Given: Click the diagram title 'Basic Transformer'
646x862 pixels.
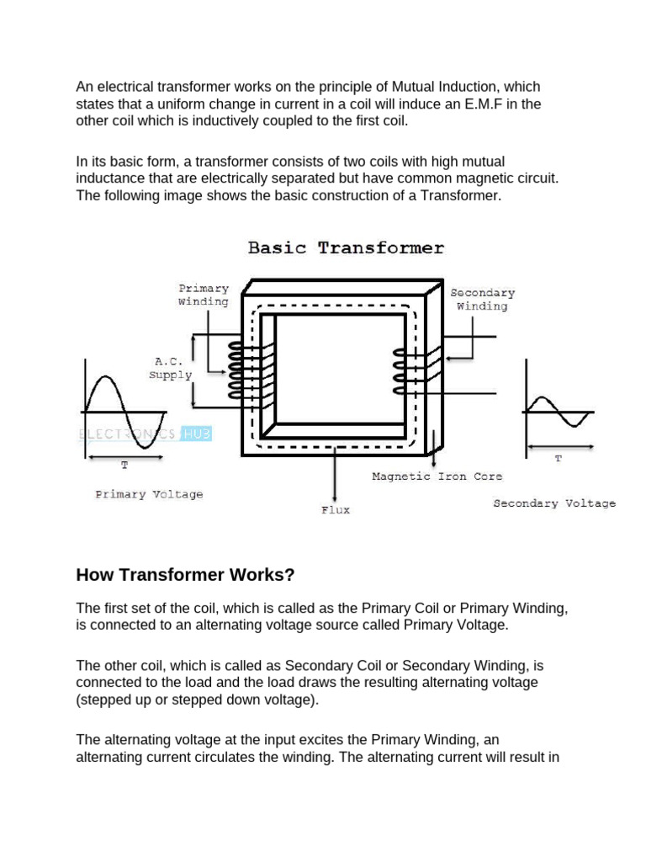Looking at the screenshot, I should pyautogui.click(x=346, y=248).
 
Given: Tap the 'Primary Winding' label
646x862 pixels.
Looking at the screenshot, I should pyautogui.click(x=203, y=295).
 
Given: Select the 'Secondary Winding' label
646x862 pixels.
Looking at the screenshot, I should pyautogui.click(x=482, y=300).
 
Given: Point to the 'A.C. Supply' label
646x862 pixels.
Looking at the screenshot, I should pyautogui.click(x=171, y=367).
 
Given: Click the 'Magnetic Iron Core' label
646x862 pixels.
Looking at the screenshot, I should pyautogui.click(x=437, y=476).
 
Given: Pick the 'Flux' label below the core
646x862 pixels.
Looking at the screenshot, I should pyautogui.click(x=335, y=510).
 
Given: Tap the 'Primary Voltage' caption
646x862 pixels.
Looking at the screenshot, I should pyautogui.click(x=149, y=495).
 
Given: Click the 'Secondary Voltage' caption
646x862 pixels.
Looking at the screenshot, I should pyautogui.click(x=553, y=503).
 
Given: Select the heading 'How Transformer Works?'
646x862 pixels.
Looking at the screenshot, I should pyautogui.click(x=185, y=576).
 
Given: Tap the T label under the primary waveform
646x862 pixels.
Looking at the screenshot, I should pyautogui.click(x=125, y=466).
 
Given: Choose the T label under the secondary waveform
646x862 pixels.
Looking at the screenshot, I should pyautogui.click(x=558, y=459).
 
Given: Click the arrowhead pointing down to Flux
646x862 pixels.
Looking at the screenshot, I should pyautogui.click(x=336, y=498).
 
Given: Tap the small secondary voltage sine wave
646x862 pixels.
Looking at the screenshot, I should pyautogui.click(x=558, y=412).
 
